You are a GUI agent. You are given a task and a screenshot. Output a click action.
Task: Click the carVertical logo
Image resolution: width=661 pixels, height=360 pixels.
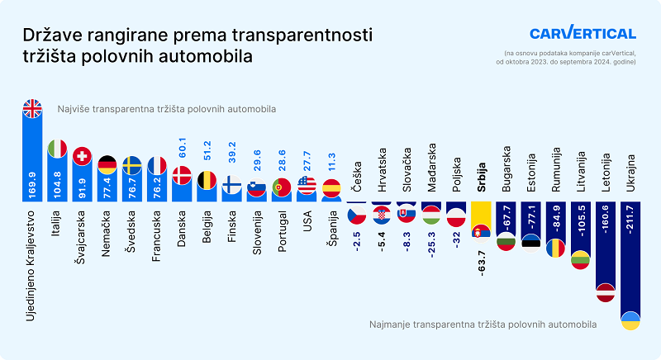(x=583, y=34)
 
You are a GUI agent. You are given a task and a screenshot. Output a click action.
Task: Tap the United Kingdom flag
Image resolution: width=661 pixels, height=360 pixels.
(x=31, y=109)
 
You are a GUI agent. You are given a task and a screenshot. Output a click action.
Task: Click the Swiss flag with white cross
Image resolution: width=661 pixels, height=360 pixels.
(x=82, y=156)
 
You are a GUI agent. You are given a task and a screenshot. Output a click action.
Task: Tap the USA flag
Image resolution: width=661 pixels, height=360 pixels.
(x=307, y=186)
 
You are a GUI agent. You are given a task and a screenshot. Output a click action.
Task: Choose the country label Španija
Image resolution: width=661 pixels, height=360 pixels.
(x=331, y=228)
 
